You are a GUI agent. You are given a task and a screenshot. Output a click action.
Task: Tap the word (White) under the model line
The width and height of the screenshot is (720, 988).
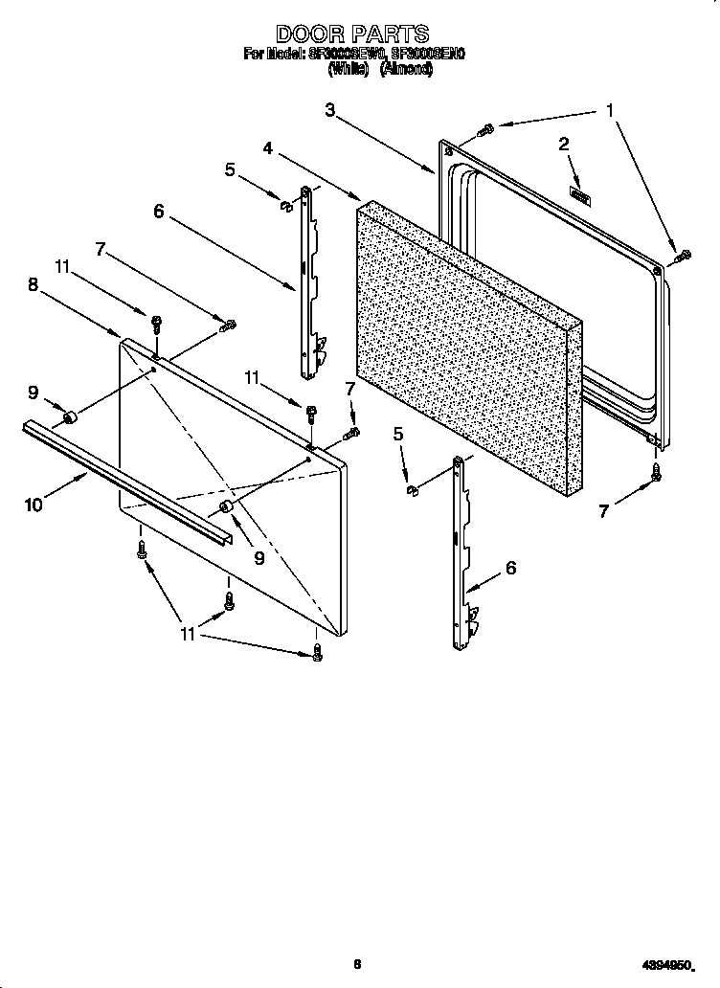tap(349, 70)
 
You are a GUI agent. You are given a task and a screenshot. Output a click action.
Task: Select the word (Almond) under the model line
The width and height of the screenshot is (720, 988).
tap(407, 70)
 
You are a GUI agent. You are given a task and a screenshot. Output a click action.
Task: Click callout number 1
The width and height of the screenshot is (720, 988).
tap(609, 111)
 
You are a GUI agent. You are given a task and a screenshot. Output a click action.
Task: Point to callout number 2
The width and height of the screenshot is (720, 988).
tap(564, 145)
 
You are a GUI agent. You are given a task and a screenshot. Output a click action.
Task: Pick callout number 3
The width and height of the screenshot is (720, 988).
tap(329, 110)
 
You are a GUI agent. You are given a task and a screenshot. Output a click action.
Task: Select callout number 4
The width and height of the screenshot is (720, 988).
tap(269, 148)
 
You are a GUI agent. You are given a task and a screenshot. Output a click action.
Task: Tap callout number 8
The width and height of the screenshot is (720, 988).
tap(33, 283)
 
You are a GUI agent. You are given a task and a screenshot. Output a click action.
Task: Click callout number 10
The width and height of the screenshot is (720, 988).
tap(34, 505)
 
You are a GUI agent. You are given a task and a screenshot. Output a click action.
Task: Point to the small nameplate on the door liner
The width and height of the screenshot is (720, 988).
tap(580, 196)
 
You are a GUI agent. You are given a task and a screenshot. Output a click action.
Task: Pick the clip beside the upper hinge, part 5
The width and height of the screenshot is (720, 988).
tap(283, 203)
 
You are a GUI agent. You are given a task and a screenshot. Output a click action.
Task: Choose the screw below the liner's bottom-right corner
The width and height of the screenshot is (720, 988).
tap(658, 471)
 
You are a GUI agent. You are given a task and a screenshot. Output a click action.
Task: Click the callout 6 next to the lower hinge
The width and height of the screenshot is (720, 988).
tap(510, 568)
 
